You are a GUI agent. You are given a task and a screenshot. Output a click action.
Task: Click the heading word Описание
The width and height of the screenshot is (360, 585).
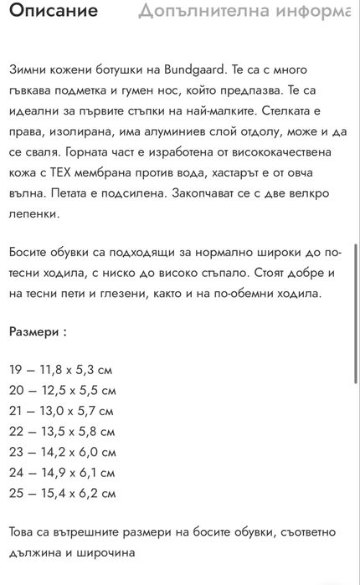(x=54, y=12)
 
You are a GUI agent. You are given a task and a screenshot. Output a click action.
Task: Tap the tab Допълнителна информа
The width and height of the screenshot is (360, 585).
(x=248, y=12)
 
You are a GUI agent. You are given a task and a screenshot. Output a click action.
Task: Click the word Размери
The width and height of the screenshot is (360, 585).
(x=34, y=331)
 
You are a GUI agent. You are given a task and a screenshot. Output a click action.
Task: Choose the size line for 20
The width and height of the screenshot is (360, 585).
(x=62, y=390)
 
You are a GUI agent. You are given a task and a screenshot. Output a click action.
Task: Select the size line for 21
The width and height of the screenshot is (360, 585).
(x=61, y=411)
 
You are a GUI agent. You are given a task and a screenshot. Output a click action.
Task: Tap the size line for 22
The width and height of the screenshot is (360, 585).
(x=62, y=432)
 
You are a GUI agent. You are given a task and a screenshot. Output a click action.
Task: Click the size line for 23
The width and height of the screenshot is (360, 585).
(x=62, y=452)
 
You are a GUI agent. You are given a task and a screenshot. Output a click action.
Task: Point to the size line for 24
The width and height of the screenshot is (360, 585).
(x=61, y=473)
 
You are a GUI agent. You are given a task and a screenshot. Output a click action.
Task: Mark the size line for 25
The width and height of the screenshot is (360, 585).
(x=62, y=494)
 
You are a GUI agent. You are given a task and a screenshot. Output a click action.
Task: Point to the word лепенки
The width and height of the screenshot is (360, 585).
(x=36, y=213)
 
